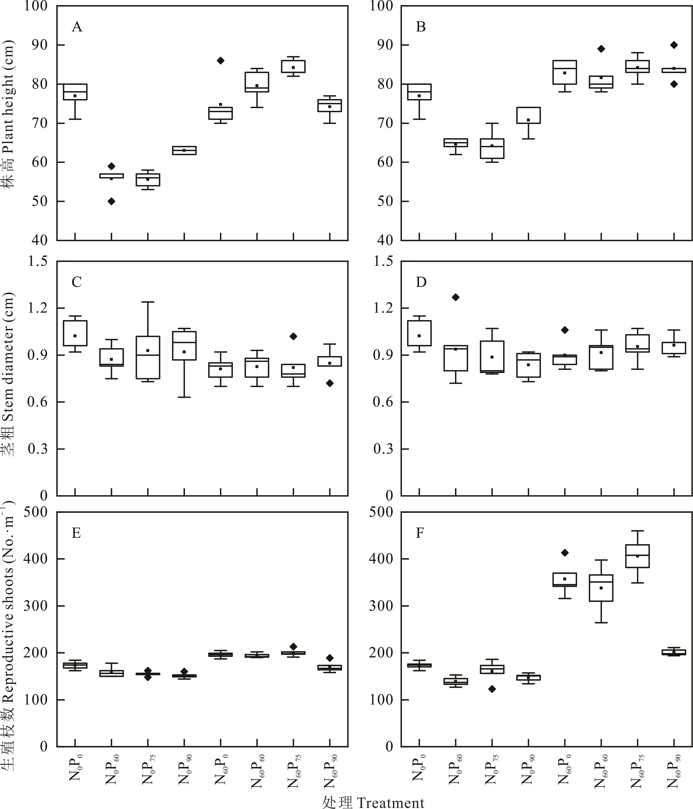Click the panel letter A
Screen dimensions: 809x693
coord(77,27)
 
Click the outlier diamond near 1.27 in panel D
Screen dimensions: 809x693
coord(456,297)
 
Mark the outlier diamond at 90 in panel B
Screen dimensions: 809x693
coord(674,45)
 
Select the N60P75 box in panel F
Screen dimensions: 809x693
coord(637,556)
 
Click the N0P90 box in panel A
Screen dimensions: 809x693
coord(184,150)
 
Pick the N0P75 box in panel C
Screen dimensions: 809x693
coord(148,357)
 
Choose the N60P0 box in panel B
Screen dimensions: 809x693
coord(565,72)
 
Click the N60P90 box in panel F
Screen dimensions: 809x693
coord(674,652)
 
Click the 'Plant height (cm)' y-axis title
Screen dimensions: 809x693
coord(9,113)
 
